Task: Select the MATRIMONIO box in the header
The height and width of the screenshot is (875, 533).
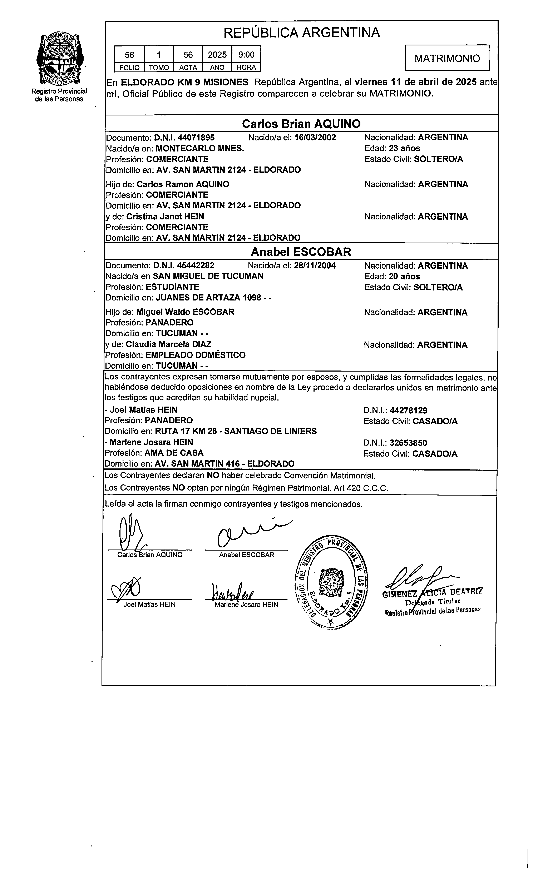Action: click(447, 58)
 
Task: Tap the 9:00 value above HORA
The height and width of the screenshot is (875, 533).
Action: click(246, 55)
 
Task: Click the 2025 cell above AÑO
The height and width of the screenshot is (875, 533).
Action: click(217, 55)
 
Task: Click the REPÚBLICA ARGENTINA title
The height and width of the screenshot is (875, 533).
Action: click(302, 33)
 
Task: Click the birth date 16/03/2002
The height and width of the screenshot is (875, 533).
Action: click(315, 138)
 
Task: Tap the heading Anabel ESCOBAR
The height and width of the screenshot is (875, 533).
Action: click(301, 252)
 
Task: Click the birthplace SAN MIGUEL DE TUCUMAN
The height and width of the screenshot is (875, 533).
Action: click(208, 276)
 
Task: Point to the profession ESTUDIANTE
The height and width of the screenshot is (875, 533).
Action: click(172, 287)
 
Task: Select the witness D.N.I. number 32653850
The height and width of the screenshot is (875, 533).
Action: click(408, 443)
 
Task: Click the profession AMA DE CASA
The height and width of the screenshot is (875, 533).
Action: click(174, 453)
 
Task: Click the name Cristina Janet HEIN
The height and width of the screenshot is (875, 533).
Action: click(165, 217)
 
